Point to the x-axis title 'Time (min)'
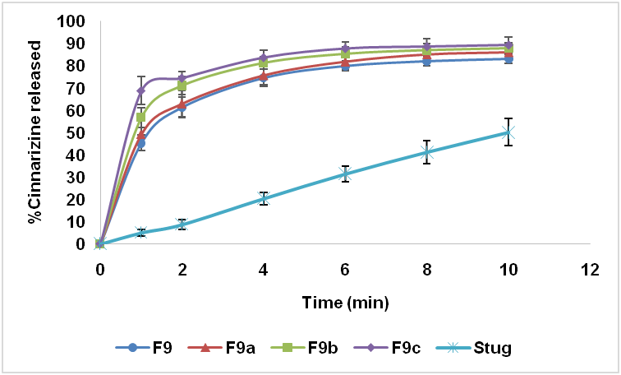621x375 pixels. [346, 302]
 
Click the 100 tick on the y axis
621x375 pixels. [73, 21]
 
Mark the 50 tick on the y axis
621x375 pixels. [76, 132]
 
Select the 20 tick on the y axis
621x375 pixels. [76, 200]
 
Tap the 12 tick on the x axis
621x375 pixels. [589, 269]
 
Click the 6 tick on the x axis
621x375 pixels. [345, 269]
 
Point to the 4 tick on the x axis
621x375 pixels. [263, 269]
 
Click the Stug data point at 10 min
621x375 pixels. [508, 132]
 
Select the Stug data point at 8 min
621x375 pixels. [426, 151]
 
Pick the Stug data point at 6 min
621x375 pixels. [345, 174]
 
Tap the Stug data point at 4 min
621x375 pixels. [263, 198]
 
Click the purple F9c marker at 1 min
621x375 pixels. [140, 90]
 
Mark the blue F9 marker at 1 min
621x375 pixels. [140, 143]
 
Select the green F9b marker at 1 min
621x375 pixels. [140, 117]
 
